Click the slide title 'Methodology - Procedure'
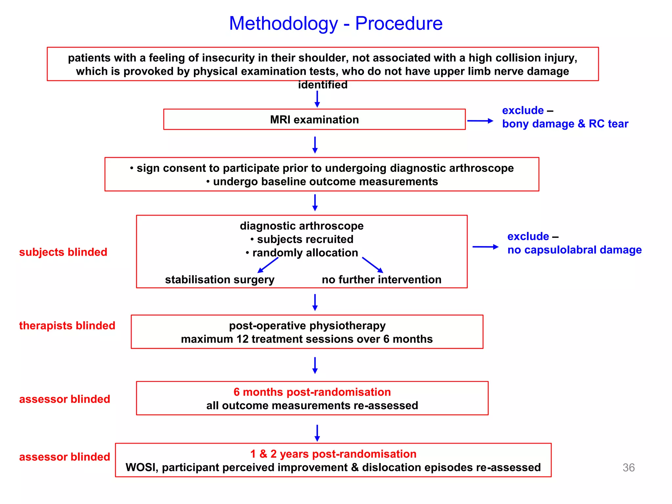coord(336,24)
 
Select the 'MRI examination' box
coord(314,119)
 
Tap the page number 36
coord(628,467)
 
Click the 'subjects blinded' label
coord(63,252)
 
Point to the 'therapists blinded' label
coord(67,325)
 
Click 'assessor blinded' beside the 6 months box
coord(64,399)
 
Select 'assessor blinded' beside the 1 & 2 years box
coord(64,457)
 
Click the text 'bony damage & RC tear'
coord(565,124)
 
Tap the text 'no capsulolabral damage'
coord(574,250)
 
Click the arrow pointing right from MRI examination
coord(480,121)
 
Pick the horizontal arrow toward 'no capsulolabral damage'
coord(485,247)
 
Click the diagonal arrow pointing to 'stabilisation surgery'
coord(268,265)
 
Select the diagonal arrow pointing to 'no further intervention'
coord(372,265)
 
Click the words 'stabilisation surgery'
coord(220,280)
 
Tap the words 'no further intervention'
coord(381,280)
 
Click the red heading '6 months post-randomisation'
coord(312,392)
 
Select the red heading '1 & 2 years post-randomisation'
coord(333,454)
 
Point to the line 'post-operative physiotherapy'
coord(307,325)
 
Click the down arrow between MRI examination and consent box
coord(315,145)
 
